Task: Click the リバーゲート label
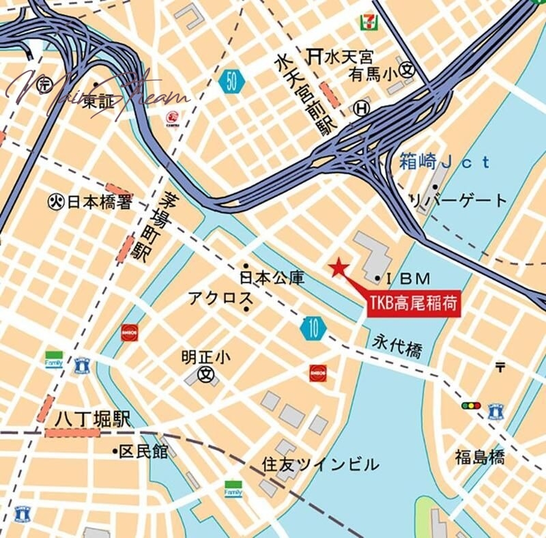(458, 200)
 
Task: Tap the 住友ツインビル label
(320, 465)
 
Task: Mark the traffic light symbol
(471, 406)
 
